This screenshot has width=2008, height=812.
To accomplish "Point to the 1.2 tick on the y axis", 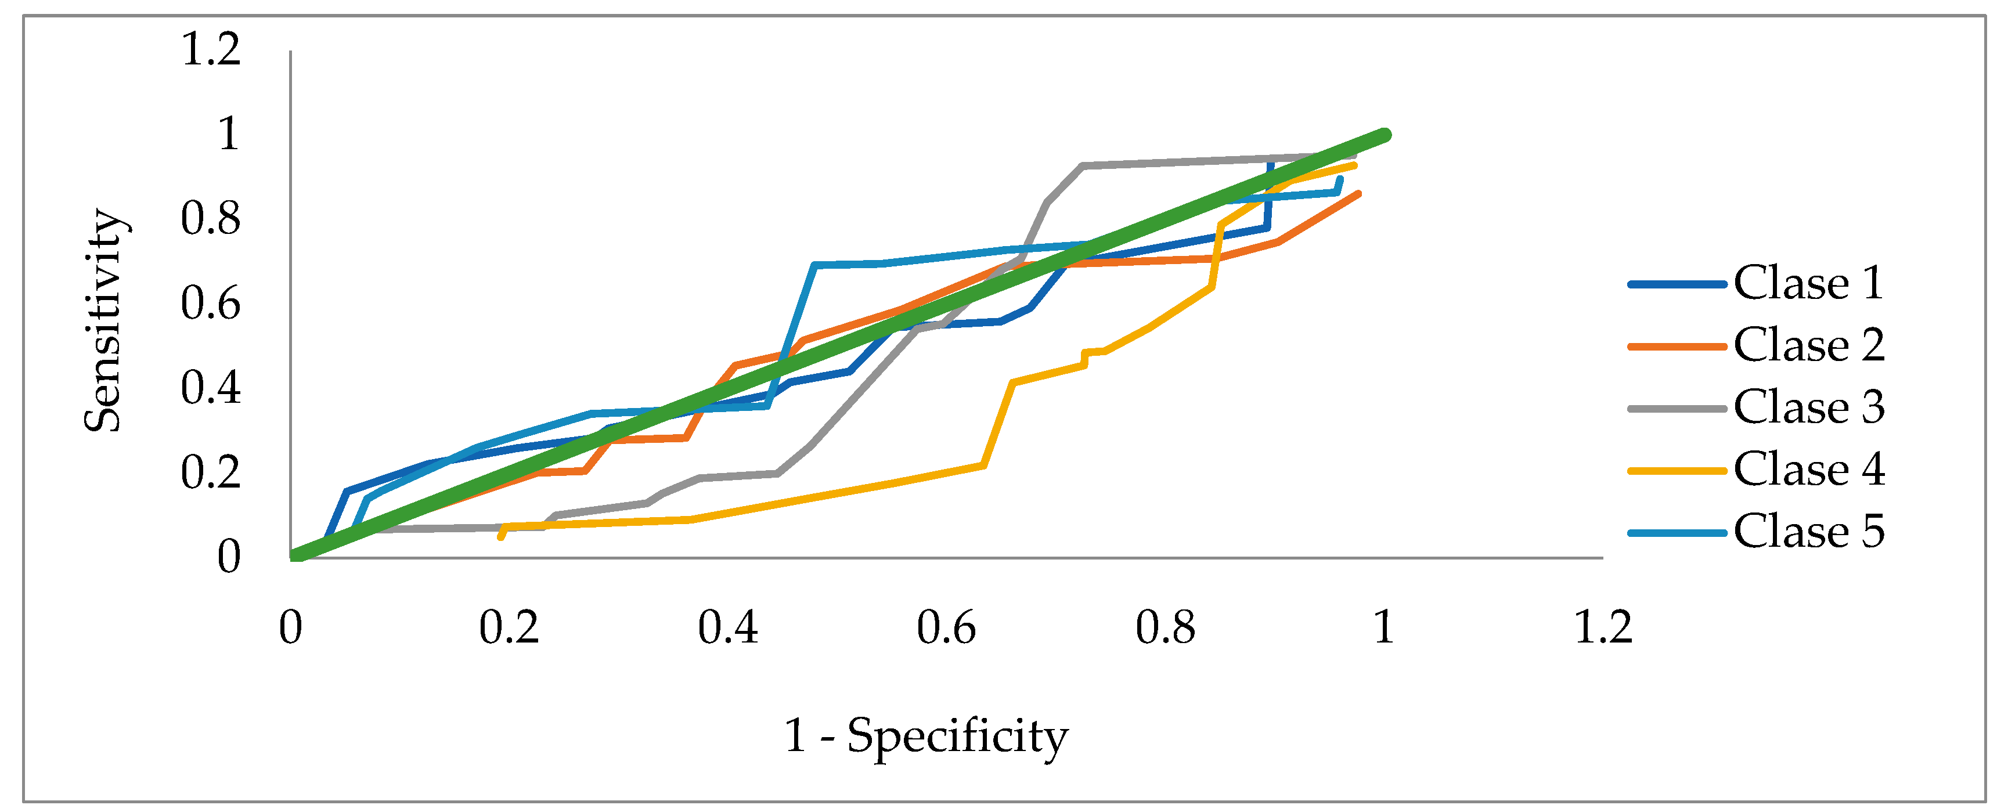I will point(211,49).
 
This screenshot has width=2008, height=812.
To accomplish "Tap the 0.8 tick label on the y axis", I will point(211,219).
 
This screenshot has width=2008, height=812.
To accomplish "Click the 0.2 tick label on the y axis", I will point(211,473).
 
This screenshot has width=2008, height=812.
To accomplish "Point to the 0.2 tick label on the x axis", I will point(509,627).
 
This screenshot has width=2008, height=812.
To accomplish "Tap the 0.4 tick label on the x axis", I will point(727,627).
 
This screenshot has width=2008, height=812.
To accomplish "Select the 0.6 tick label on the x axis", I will point(946,627).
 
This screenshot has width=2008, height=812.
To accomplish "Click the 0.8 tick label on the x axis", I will point(1165,627).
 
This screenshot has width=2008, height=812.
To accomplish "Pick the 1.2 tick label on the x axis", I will point(1603,627).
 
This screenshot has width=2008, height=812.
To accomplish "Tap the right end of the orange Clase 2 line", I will point(1358,193).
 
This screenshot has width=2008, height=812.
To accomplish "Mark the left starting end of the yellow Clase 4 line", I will point(500,537).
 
